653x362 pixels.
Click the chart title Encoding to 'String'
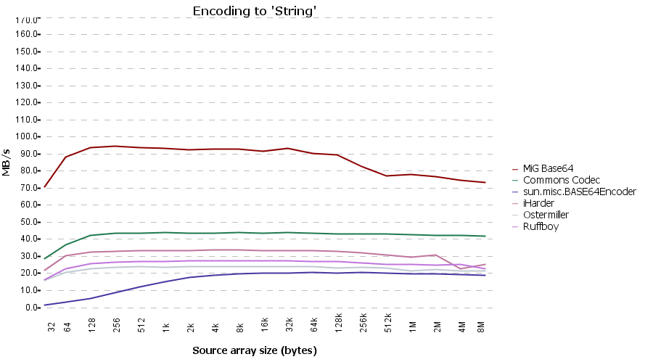[x=255, y=11]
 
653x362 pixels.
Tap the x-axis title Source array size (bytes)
[x=255, y=350]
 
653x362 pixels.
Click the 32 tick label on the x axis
[x=52, y=327]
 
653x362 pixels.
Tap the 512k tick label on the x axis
[x=388, y=321]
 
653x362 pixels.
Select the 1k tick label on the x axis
[x=166, y=326]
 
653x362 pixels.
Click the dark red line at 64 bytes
[x=67, y=157]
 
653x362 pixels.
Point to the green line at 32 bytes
[x=46, y=258]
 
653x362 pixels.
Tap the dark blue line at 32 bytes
[x=46, y=305]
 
